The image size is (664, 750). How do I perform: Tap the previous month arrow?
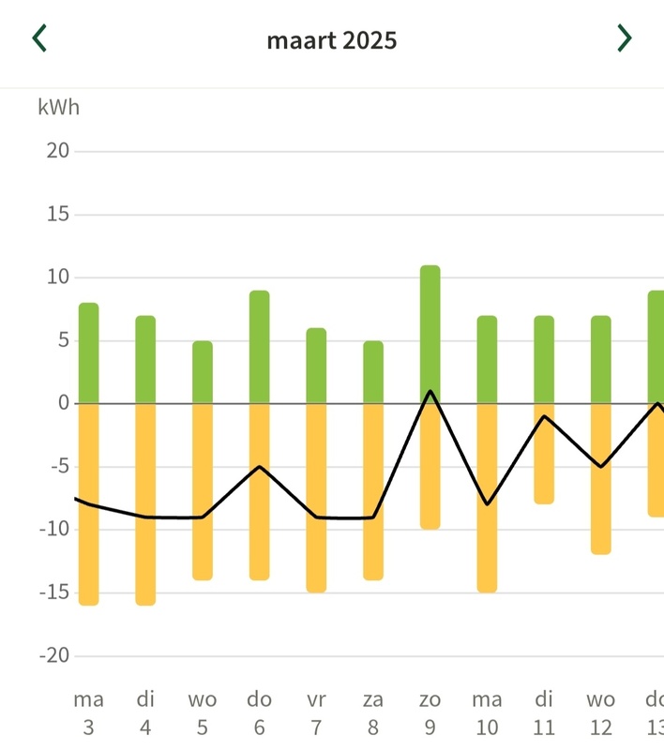click(x=39, y=38)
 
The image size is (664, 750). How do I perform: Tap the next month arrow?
click(x=624, y=38)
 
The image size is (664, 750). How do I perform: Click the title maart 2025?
click(x=332, y=40)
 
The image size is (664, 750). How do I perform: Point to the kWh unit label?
click(x=59, y=107)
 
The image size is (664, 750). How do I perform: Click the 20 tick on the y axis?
click(x=58, y=151)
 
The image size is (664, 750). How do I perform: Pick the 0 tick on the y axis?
click(x=64, y=403)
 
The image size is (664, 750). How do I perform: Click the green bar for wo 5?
click(x=203, y=372)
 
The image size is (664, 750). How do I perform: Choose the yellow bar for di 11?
click(x=544, y=453)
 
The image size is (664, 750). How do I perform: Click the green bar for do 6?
click(x=260, y=347)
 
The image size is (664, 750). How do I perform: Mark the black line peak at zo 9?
click(x=430, y=391)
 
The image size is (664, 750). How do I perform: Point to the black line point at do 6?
click(x=260, y=466)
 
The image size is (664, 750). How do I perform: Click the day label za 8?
click(x=373, y=712)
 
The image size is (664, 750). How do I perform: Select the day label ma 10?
click(x=487, y=712)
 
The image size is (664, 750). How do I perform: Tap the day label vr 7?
click(x=316, y=712)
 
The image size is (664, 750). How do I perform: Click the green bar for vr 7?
click(x=316, y=366)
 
